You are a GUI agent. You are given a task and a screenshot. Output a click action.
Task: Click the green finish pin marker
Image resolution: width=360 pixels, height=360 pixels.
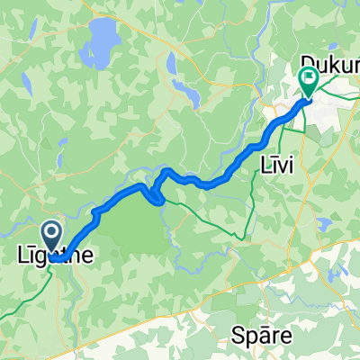(309, 80)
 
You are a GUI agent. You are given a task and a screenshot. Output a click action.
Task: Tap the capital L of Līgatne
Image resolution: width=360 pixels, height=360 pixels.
(23, 256)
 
